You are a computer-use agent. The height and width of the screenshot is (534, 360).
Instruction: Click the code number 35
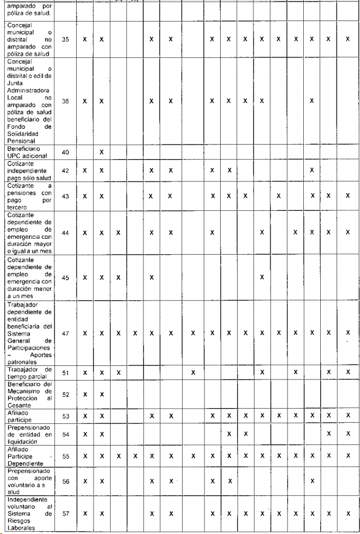click(65, 39)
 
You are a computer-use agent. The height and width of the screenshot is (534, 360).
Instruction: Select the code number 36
click(65, 101)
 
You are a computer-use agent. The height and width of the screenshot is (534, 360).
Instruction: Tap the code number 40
click(65, 152)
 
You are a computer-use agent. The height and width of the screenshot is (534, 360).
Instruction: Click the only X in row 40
click(101, 152)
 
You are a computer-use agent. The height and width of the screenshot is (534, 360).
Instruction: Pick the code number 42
click(65, 170)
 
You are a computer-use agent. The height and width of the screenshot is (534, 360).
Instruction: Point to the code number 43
click(65, 196)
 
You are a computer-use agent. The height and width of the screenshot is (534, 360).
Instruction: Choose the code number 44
click(65, 232)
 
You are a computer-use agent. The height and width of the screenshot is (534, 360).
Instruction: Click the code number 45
click(65, 278)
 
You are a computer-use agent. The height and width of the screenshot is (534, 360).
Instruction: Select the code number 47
click(65, 333)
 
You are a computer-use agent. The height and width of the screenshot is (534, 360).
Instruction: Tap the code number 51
click(65, 372)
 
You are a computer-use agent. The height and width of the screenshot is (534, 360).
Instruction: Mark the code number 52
click(65, 394)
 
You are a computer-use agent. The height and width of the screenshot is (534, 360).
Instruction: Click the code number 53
click(65, 416)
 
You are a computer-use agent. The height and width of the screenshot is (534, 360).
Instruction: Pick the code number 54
click(65, 434)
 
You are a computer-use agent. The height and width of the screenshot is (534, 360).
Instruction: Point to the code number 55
click(65, 455)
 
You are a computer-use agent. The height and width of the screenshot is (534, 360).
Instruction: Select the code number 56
click(65, 481)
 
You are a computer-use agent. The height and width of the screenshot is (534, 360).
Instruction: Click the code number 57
click(65, 514)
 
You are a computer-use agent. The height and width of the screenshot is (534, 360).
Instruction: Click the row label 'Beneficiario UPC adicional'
click(29, 152)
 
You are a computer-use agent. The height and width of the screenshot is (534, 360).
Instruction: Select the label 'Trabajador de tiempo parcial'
click(30, 372)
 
